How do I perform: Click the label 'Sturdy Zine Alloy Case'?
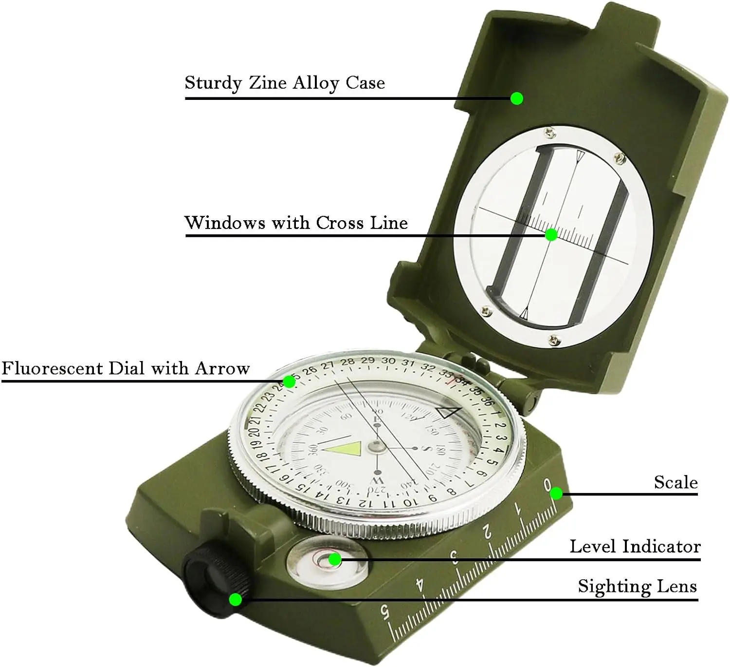(285, 83)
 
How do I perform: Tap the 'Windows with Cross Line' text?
(296, 223)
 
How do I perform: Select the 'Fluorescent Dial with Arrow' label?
(126, 368)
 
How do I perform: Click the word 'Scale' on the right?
(675, 482)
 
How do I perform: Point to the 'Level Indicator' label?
(635, 547)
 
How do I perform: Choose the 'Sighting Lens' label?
(637, 586)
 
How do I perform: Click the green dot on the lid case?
(517, 98)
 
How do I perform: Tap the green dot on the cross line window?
(551, 235)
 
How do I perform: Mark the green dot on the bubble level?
(334, 559)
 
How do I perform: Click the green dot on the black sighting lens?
(236, 599)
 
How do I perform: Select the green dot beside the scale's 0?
(556, 494)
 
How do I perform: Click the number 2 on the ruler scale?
(487, 534)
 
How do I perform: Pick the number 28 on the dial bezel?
(347, 362)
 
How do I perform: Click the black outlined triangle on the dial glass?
(448, 412)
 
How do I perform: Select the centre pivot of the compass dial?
(376, 445)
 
